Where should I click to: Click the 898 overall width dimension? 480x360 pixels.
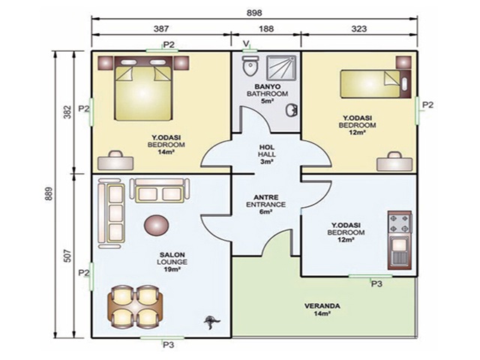click(254, 13)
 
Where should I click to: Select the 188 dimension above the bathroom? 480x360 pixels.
click(266, 28)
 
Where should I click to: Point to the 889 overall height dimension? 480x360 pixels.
click(49, 193)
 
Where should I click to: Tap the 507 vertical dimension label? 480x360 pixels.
click(67, 256)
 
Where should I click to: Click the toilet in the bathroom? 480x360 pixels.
click(250, 66)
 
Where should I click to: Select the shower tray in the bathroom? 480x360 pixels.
click(281, 67)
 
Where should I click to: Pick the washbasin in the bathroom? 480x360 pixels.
click(292, 110)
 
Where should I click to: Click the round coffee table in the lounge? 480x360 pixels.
click(156, 225)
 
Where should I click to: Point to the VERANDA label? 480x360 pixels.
click(322, 306)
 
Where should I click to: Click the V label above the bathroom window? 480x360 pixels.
click(246, 43)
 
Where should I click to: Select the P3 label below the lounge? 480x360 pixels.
click(168, 345)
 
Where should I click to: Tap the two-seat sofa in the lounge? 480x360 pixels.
click(160, 190)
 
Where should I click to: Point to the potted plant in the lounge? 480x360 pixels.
click(211, 322)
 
